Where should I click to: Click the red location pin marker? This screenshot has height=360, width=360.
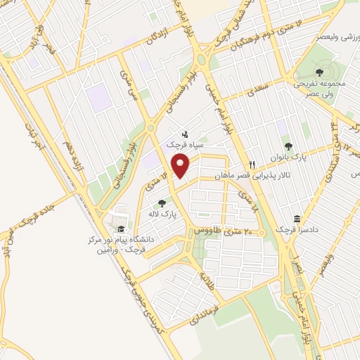pos(182,166)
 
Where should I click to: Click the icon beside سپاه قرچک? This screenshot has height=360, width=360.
pos(185,133)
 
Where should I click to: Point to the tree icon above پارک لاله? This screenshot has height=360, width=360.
pos(162,202)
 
